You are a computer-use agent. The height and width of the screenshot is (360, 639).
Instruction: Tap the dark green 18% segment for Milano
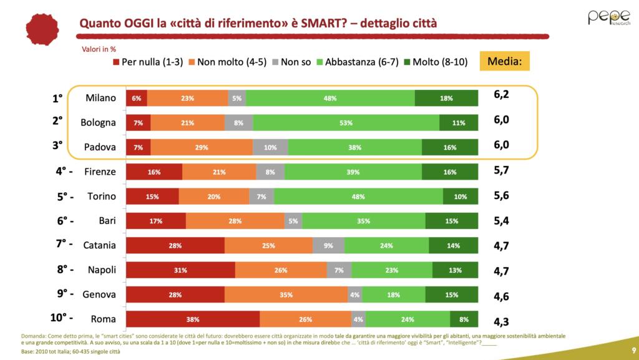click(x=446, y=99)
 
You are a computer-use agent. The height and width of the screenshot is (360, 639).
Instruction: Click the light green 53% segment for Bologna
click(x=346, y=123)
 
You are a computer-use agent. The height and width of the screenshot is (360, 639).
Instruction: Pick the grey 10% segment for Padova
click(x=270, y=147)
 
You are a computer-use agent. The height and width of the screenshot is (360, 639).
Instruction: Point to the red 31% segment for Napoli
click(x=180, y=270)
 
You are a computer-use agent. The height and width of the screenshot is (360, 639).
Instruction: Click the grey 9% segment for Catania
click(x=328, y=245)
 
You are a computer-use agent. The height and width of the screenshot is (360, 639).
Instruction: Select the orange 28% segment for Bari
click(x=235, y=221)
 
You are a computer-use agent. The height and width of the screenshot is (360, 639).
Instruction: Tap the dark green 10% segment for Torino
click(x=461, y=196)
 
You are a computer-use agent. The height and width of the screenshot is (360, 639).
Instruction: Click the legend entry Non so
click(x=292, y=62)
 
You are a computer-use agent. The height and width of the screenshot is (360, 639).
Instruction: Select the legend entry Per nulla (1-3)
click(x=148, y=62)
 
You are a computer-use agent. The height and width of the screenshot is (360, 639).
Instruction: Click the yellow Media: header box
click(x=504, y=61)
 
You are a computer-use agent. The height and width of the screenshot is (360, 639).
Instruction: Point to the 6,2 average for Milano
click(x=502, y=95)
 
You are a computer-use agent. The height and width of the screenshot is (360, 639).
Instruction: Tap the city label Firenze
click(x=100, y=172)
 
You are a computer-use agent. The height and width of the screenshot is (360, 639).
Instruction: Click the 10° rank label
click(x=62, y=318)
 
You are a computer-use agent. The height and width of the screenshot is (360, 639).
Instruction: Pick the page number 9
click(x=633, y=349)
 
